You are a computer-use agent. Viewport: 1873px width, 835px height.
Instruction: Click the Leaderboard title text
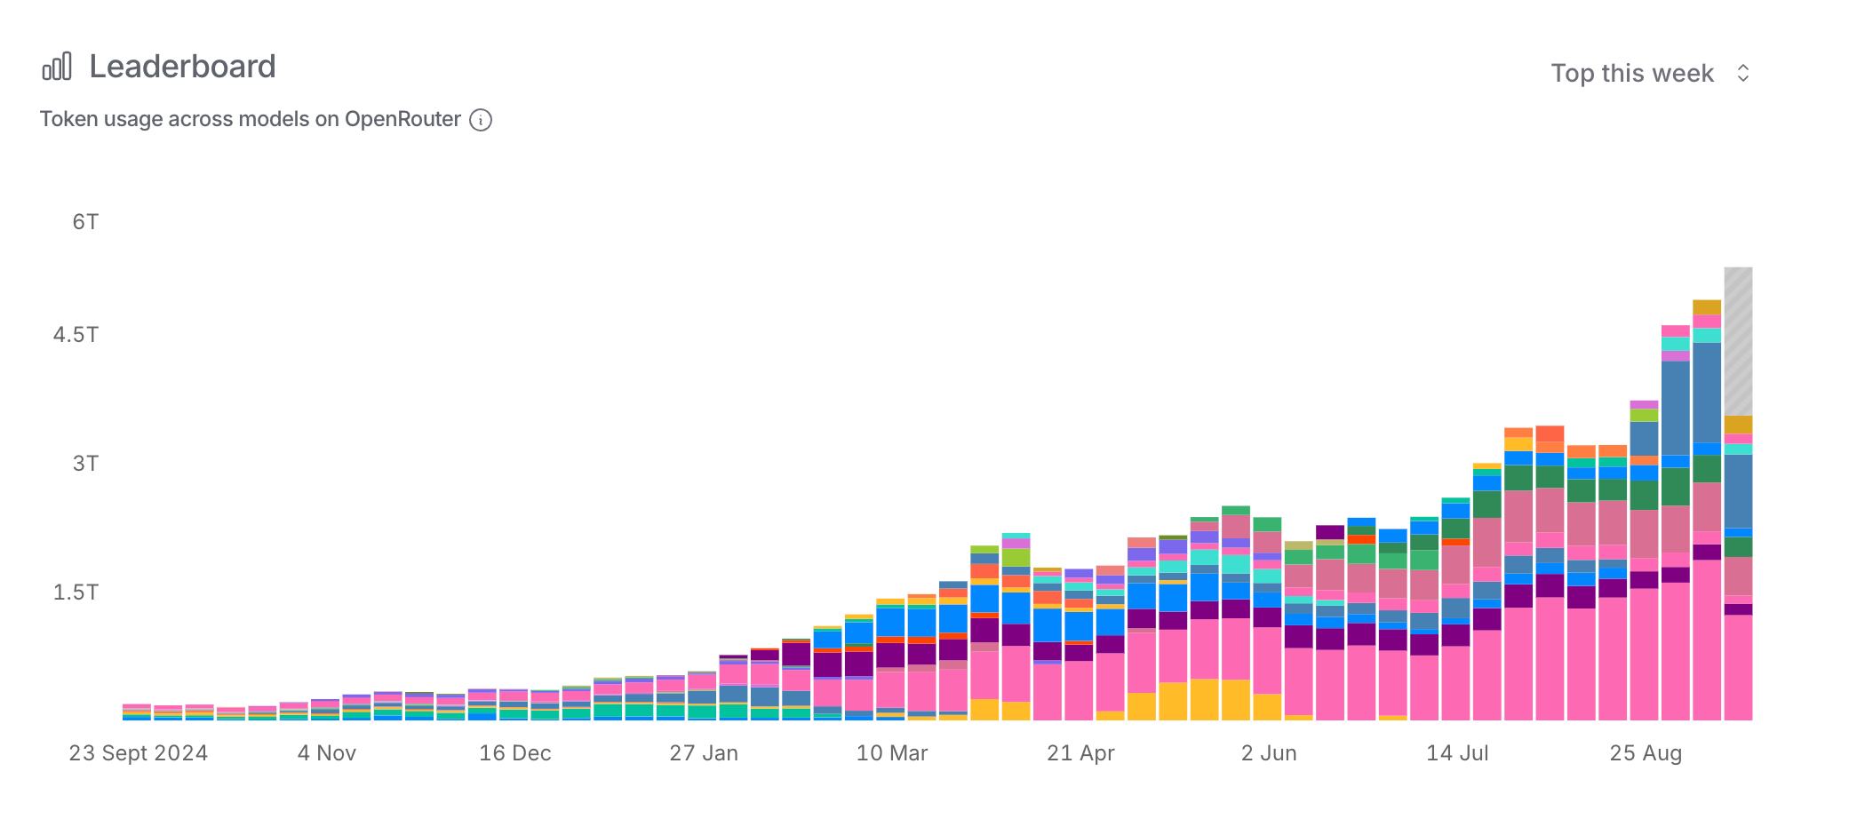(x=182, y=67)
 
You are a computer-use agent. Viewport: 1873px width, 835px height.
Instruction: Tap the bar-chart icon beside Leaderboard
(x=57, y=67)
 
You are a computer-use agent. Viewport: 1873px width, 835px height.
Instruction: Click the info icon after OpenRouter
(x=481, y=120)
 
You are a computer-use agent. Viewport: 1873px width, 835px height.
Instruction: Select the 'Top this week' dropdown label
(x=1631, y=73)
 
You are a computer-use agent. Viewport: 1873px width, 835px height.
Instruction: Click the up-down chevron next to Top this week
(x=1743, y=73)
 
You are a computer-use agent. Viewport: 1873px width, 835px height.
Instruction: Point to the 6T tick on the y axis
(x=85, y=222)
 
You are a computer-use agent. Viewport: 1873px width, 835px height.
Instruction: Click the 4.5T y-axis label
(x=76, y=335)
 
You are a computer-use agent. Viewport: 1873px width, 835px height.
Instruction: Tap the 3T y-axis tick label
(x=85, y=464)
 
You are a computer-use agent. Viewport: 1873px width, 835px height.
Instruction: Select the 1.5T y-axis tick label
(x=76, y=592)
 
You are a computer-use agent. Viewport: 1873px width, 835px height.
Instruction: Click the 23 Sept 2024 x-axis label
(x=139, y=753)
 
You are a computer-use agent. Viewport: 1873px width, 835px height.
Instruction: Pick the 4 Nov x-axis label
(x=327, y=753)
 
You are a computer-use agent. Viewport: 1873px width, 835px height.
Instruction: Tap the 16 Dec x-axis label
(x=515, y=753)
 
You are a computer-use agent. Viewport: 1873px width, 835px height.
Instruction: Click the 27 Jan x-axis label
(x=704, y=753)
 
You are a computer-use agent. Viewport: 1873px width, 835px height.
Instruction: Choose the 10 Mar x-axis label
(x=892, y=753)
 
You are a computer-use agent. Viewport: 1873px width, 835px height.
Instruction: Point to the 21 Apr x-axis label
(x=1080, y=753)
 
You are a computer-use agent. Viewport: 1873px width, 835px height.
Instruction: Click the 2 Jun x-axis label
(x=1269, y=753)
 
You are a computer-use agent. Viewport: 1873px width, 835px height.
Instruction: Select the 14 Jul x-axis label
(x=1457, y=753)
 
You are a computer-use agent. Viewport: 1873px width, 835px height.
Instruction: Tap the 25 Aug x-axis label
(x=1646, y=753)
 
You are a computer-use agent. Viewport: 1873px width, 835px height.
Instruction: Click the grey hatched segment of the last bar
(x=1738, y=342)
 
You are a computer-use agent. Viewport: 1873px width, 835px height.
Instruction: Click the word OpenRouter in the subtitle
(x=402, y=120)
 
